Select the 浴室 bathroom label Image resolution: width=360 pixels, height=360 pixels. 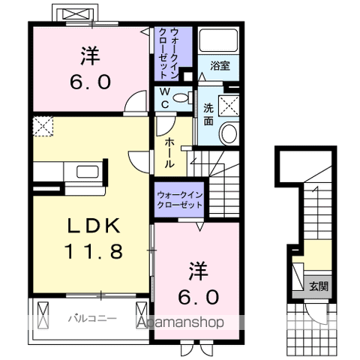pos(219,66)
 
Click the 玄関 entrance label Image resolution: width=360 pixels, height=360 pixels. pos(318,286)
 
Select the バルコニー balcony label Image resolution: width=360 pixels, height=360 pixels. pos(91,318)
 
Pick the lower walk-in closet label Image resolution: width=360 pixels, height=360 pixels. pos(180,199)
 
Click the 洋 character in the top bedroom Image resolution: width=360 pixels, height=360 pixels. pos(91,53)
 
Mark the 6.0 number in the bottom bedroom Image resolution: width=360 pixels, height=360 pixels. pos(199,297)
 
